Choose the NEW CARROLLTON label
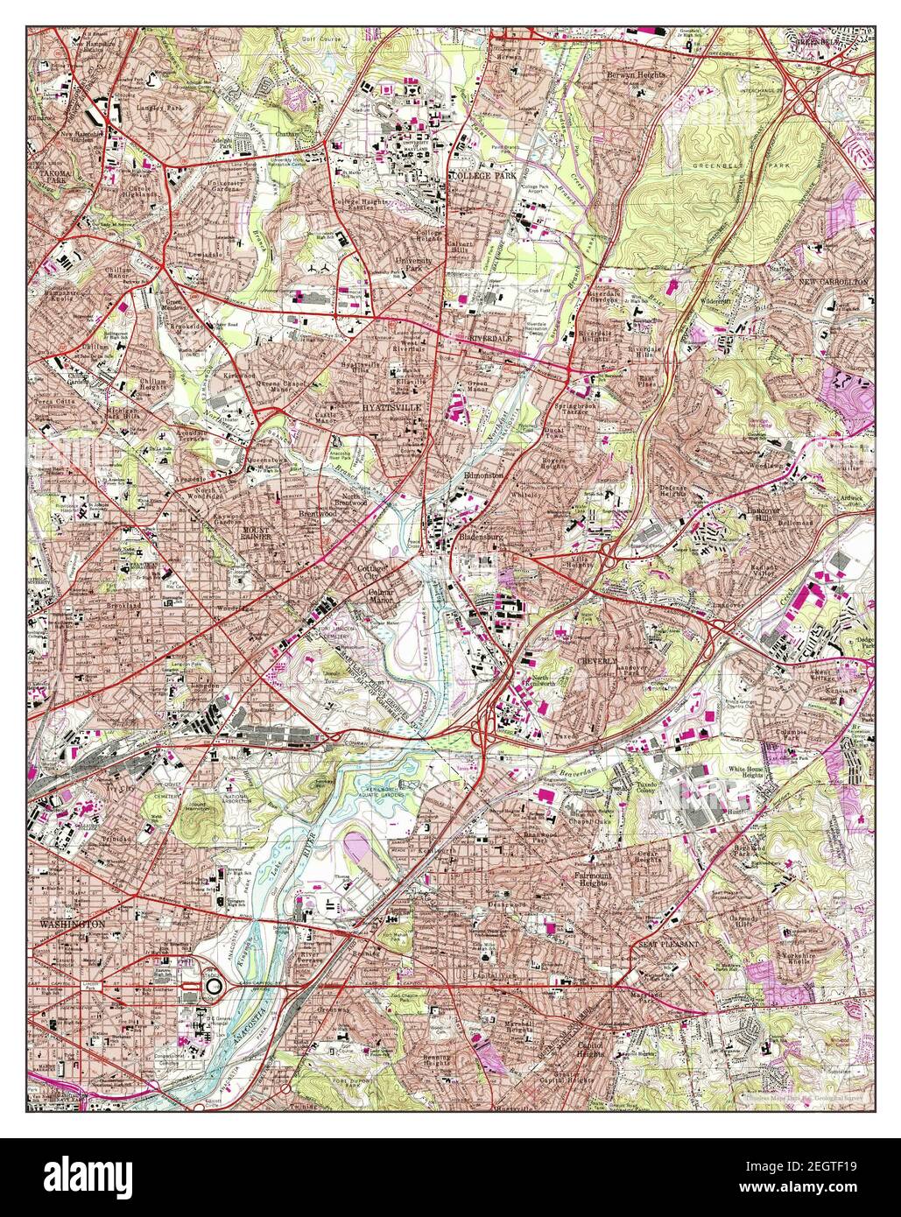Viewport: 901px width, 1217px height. click(x=832, y=282)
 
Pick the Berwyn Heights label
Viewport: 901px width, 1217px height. click(x=637, y=76)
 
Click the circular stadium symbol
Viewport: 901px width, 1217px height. click(x=215, y=986)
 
